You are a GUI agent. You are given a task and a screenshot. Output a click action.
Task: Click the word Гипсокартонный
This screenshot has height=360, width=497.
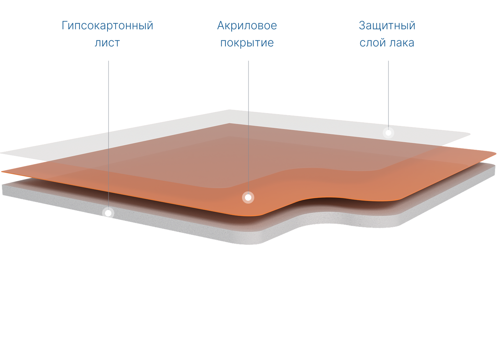tap(107, 26)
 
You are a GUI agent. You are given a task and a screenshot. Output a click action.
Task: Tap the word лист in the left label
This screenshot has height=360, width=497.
tap(107, 43)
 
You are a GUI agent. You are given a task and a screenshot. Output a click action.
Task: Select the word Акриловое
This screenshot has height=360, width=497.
tap(247, 26)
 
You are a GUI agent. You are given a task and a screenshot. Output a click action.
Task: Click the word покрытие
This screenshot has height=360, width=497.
tap(247, 43)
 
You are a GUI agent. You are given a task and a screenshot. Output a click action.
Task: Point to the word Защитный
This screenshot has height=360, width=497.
tap(387, 26)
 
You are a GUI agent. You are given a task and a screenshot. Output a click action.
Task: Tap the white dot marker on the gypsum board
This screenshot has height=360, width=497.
tap(108, 213)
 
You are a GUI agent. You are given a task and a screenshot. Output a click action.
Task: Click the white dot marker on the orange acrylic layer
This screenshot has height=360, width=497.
tap(248, 197)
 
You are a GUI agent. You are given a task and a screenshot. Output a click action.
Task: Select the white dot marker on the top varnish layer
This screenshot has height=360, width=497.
tap(388, 133)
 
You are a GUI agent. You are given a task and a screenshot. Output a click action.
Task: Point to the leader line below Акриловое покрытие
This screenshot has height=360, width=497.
tap(248, 125)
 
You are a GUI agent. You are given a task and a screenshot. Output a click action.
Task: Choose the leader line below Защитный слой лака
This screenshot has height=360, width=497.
tap(388, 93)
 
